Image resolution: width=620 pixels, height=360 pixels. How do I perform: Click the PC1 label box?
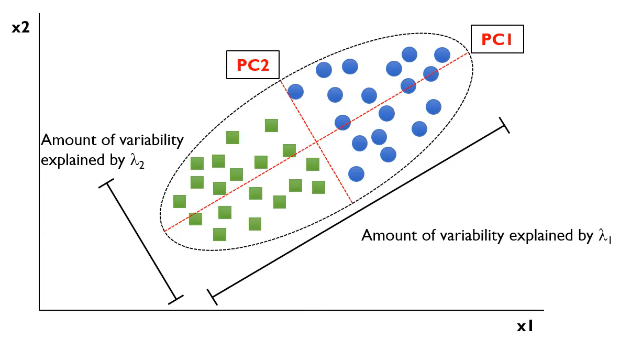[x=497, y=39]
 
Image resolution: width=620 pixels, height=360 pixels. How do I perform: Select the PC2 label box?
[x=253, y=64]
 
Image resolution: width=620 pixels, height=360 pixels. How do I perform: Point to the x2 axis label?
[x=21, y=28]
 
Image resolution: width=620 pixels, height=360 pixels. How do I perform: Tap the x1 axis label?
[x=525, y=326]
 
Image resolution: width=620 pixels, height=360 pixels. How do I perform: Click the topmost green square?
[x=271, y=125]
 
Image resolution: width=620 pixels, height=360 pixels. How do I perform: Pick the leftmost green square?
[x=180, y=201]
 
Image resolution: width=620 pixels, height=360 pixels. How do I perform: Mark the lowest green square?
[x=220, y=234]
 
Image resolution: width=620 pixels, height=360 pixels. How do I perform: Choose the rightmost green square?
[x=318, y=187]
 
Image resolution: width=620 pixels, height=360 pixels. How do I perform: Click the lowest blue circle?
[x=356, y=173]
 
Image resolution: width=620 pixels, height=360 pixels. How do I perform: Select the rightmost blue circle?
[x=442, y=54]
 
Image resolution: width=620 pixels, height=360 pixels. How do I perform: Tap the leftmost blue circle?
[x=296, y=92]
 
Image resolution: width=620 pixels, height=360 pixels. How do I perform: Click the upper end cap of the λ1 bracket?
[x=504, y=125]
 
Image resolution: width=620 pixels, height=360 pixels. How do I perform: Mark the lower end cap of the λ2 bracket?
[x=175, y=300]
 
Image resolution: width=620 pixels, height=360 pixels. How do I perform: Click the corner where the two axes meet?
[x=40, y=310]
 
